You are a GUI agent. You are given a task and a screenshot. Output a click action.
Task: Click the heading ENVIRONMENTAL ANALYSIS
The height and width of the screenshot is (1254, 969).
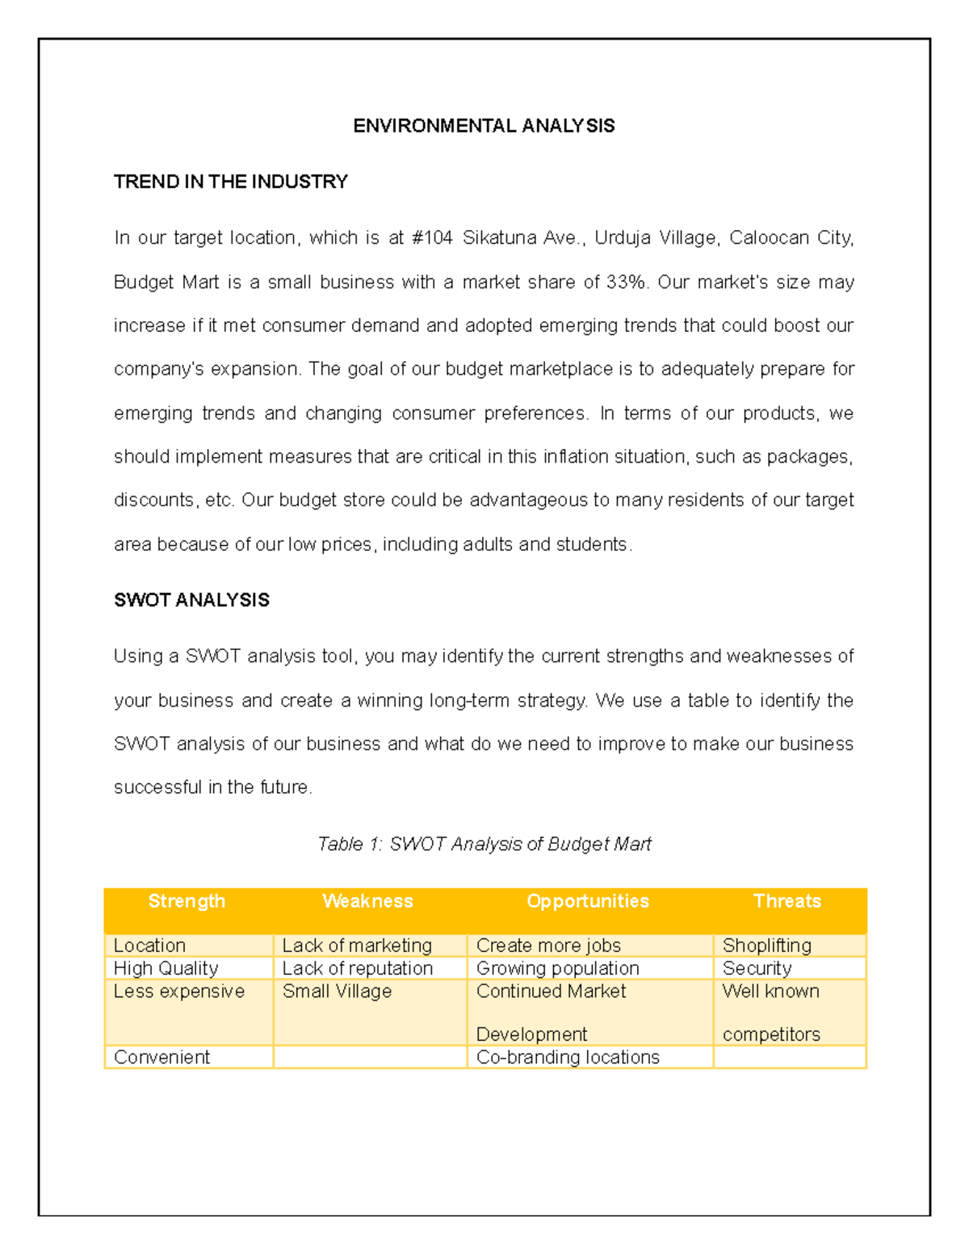point(484,126)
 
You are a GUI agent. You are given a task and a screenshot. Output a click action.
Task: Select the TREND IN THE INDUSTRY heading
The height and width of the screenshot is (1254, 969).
point(230,182)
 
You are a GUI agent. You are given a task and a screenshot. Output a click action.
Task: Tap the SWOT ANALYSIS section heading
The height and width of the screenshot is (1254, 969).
point(191,600)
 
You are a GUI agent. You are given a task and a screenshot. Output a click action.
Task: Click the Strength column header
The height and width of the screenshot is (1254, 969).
point(187,901)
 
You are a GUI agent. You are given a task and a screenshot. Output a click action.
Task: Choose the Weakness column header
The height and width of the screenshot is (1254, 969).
point(367,901)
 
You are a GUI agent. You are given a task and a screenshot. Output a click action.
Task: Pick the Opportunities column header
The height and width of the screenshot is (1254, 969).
point(587,901)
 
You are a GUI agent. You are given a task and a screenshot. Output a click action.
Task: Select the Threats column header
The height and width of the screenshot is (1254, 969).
point(787,901)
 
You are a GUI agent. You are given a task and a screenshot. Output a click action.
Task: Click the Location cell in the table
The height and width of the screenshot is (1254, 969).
point(150,946)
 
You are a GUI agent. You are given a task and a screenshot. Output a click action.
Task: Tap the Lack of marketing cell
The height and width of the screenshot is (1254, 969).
point(357,946)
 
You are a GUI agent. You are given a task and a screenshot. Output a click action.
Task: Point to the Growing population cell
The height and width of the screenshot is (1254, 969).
point(557,968)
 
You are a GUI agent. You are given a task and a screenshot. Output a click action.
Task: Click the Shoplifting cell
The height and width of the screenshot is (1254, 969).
point(766,946)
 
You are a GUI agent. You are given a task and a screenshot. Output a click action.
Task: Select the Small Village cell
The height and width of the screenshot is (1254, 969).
point(337,992)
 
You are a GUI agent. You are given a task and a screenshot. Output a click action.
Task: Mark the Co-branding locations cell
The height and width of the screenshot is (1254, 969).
point(568,1057)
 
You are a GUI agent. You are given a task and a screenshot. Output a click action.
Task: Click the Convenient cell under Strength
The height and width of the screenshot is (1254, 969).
point(161,1057)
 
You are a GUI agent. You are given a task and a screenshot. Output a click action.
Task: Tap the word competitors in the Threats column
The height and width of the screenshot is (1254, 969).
point(771,1034)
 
